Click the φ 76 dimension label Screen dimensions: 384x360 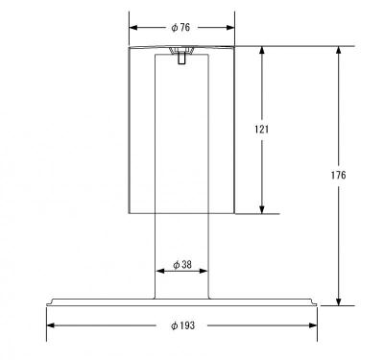tap(180, 28)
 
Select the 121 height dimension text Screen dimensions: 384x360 tap(262, 130)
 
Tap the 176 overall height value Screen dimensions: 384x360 tap(338, 175)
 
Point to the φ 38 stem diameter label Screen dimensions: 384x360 tap(182, 265)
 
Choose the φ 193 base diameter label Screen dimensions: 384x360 tap(182, 325)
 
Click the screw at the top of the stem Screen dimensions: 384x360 tap(181, 55)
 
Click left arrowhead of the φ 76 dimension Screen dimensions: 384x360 tap(133, 28)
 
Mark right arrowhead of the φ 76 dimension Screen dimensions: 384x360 tap(230, 28)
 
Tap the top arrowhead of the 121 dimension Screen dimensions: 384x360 tap(262, 51)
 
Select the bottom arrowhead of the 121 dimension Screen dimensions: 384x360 tap(262, 209)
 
